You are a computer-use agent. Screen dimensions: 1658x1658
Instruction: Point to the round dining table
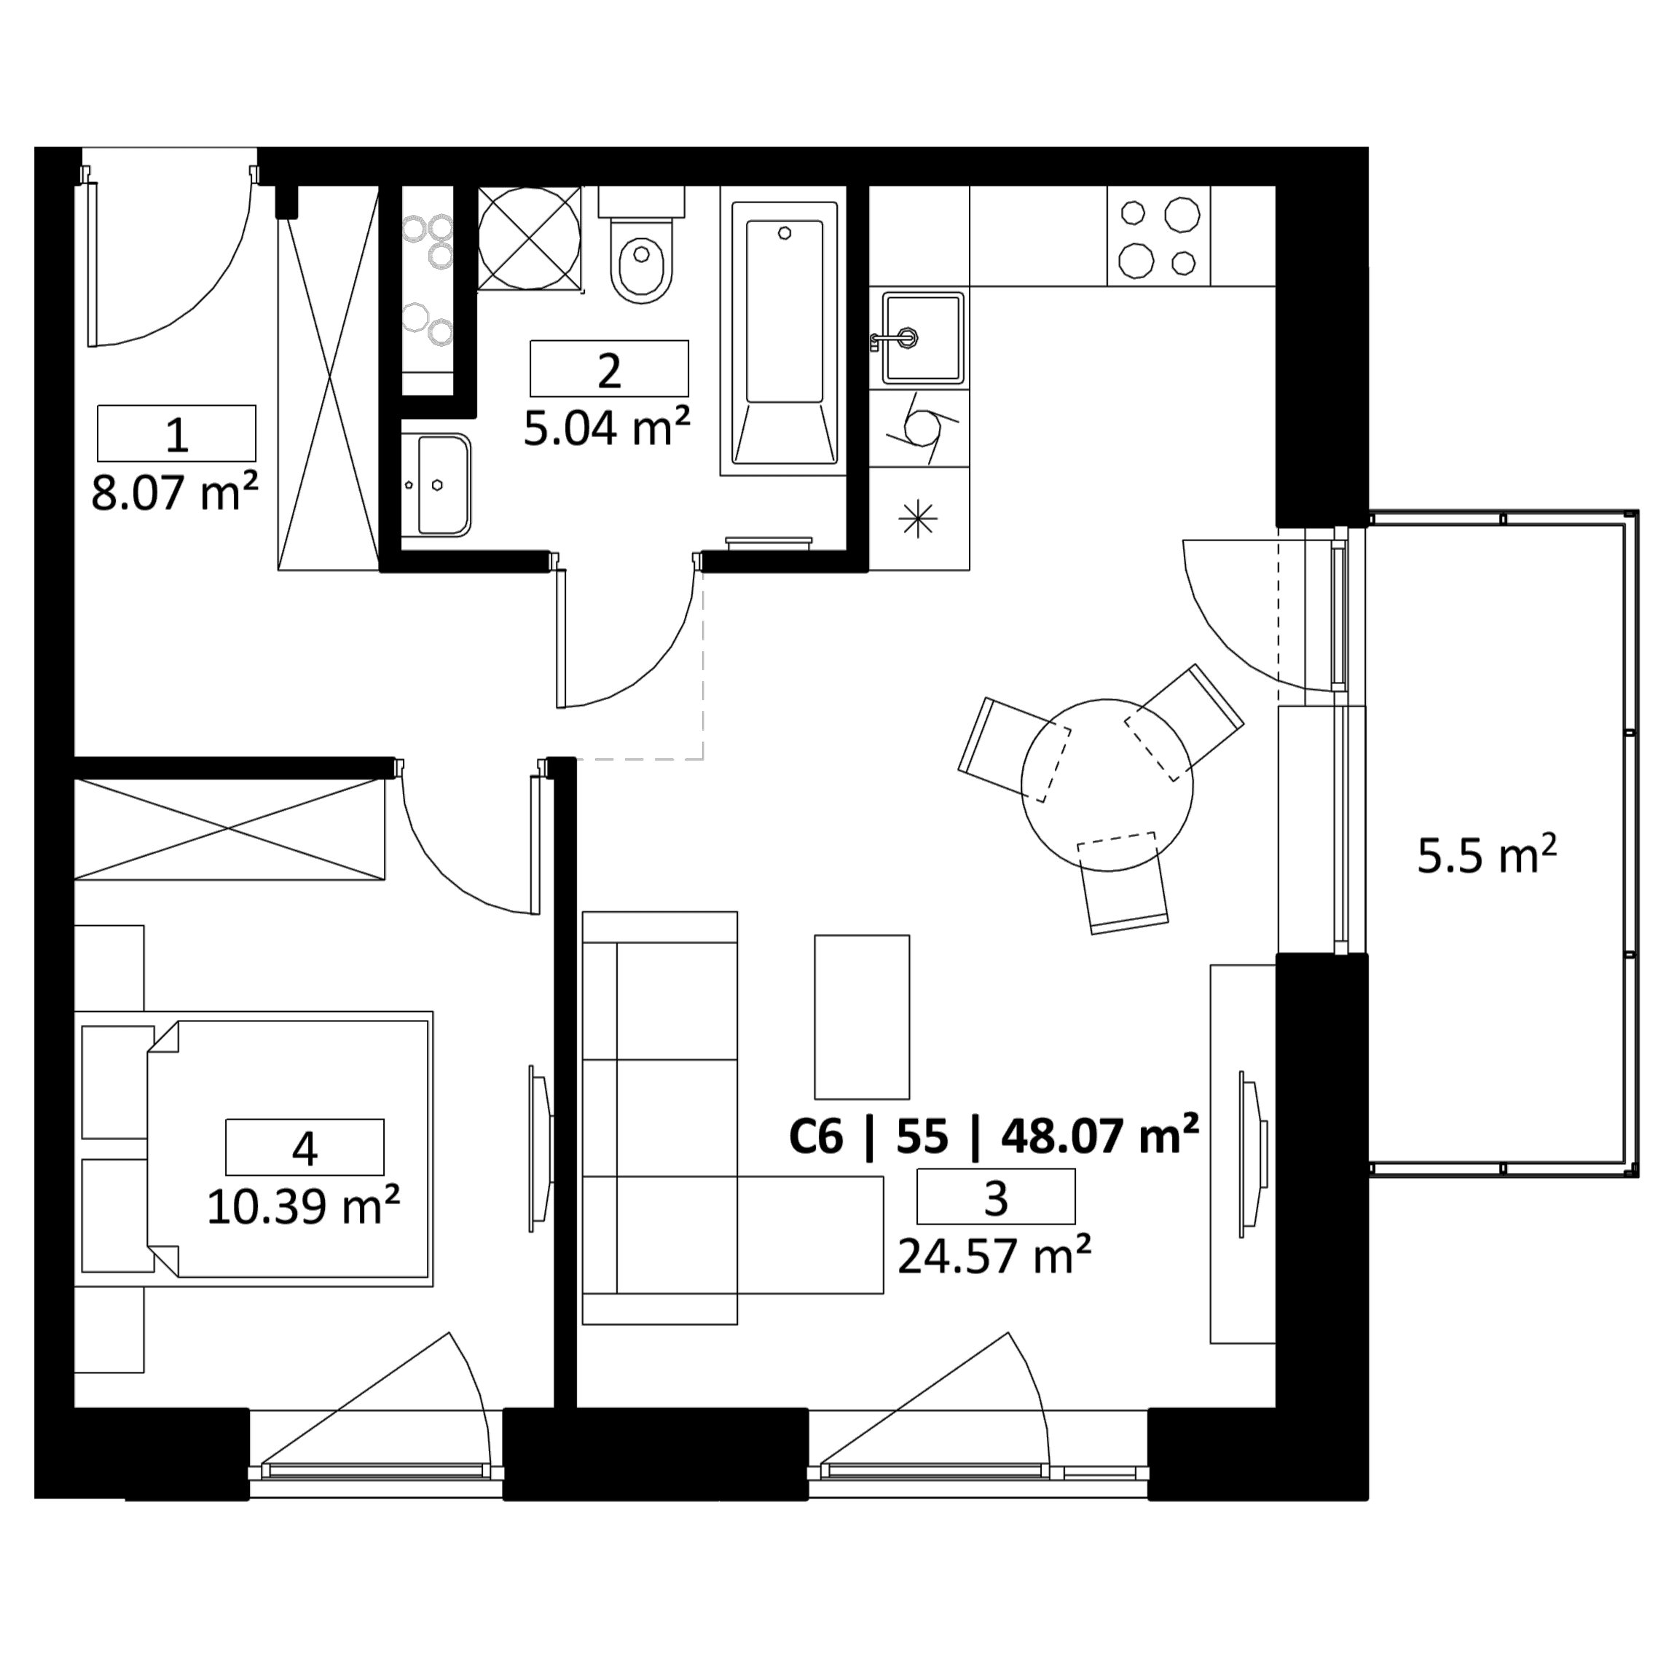pos(1107,785)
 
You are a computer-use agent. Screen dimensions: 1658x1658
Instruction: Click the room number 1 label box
pos(177,433)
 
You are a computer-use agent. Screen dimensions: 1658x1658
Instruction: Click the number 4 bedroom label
pos(305,1147)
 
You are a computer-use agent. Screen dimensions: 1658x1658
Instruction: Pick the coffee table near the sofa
pos(862,1017)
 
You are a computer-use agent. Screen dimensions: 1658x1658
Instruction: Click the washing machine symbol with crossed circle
pos(530,238)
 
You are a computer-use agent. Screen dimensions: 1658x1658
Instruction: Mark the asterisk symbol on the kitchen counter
pos(919,519)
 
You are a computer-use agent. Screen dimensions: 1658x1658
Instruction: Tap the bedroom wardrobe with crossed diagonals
pos(229,829)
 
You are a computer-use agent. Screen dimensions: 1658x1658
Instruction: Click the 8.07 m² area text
pos(175,492)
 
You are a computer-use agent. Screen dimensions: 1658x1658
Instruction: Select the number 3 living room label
pos(996,1196)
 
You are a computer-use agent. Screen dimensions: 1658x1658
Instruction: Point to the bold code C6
pos(816,1136)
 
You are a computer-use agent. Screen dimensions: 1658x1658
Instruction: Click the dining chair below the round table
pos(1123,883)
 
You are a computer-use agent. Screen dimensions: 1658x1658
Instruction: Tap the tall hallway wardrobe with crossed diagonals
pos(329,379)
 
